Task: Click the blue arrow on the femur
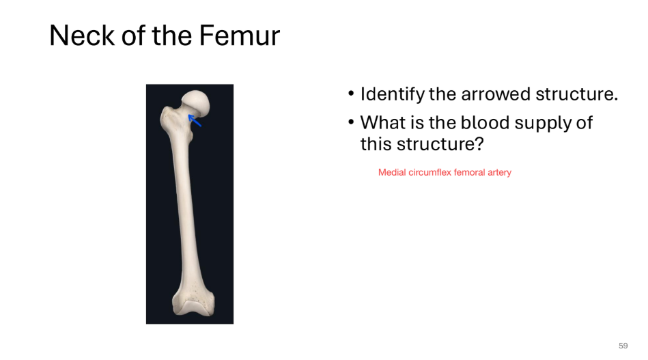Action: pyautogui.click(x=195, y=121)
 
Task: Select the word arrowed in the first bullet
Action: pyautogui.click(x=494, y=94)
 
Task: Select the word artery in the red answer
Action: pyautogui.click(x=499, y=173)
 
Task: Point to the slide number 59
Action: pyautogui.click(x=623, y=346)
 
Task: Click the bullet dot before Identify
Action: pyautogui.click(x=351, y=94)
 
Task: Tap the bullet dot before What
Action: pyautogui.click(x=351, y=123)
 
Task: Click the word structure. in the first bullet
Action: pyautogui.click(x=576, y=94)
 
